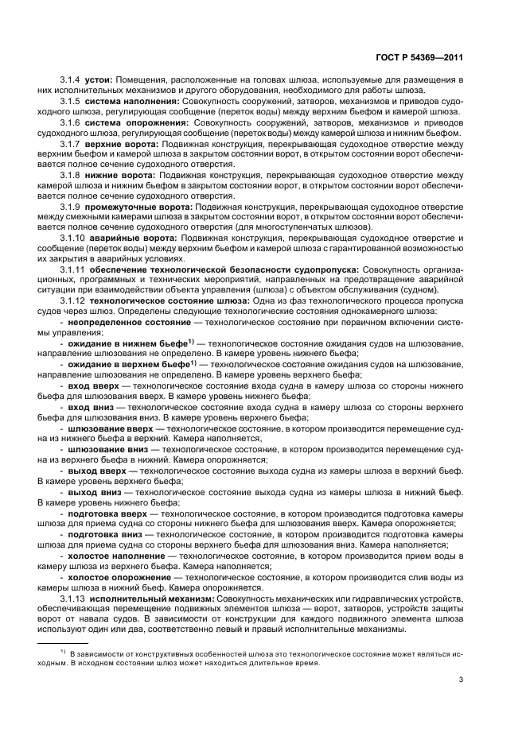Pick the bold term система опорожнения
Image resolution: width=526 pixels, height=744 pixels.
(134, 125)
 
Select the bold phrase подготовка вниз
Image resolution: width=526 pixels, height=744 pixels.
(106, 535)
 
